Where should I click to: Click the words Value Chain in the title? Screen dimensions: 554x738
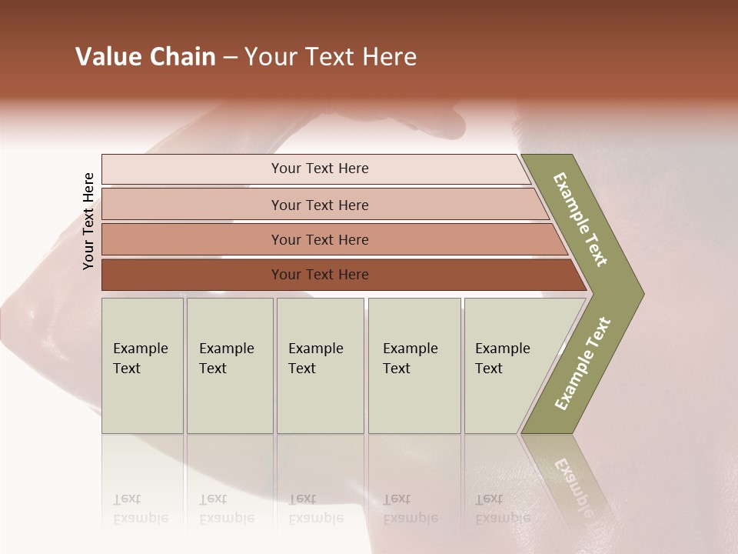click(x=145, y=57)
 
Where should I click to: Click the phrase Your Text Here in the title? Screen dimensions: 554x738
click(x=331, y=57)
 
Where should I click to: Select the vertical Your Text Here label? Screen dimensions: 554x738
click(x=88, y=221)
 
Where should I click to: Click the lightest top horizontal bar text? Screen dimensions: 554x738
click(x=320, y=169)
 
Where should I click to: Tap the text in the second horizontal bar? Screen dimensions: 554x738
click(x=320, y=205)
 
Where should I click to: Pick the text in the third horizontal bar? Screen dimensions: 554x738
click(x=320, y=240)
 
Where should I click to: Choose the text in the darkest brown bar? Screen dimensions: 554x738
click(x=320, y=275)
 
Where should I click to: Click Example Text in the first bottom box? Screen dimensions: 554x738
click(x=140, y=359)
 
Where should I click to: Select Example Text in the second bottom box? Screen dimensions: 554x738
click(x=226, y=359)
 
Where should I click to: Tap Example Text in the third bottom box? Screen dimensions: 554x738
click(x=315, y=359)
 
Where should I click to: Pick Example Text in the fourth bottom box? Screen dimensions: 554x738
click(x=410, y=359)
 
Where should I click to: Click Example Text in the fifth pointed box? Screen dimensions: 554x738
click(x=502, y=359)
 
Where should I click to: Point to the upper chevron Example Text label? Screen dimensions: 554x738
click(x=580, y=219)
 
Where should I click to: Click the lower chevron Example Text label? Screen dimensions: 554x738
click(x=583, y=364)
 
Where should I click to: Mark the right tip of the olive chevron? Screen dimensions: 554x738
click(x=642, y=293)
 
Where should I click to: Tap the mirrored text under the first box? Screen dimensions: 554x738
click(x=140, y=509)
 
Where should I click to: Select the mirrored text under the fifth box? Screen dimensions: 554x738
click(x=502, y=509)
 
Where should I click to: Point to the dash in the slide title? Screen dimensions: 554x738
click(x=230, y=58)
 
